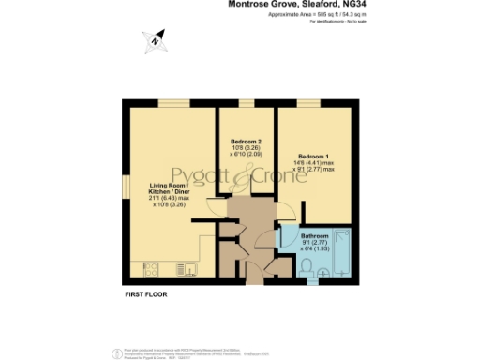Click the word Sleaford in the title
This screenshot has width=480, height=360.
tap(322, 5)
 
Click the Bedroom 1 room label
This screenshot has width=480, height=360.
tap(314, 156)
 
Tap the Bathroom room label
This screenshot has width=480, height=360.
tap(315, 235)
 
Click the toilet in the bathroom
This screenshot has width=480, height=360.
tap(322, 273)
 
